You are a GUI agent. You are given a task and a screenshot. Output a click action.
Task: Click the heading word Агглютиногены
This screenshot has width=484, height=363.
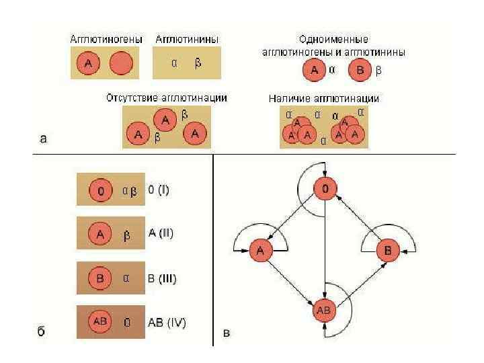[107, 40]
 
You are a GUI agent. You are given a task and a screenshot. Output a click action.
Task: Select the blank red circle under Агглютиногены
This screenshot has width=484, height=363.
[122, 65]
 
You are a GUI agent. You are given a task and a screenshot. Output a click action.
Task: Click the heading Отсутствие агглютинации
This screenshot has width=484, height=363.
[166, 97]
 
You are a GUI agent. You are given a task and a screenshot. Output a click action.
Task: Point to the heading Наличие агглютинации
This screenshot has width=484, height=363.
[324, 98]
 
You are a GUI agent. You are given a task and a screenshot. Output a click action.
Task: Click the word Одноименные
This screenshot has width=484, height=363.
[333, 40]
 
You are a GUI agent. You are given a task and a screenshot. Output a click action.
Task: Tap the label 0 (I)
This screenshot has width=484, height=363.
[159, 190]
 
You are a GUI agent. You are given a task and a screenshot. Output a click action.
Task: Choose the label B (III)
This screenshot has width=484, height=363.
[162, 278]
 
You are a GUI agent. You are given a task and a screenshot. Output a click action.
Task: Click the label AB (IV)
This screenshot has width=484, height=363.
[167, 322]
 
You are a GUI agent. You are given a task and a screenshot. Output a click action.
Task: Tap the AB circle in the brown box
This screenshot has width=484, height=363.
[100, 321]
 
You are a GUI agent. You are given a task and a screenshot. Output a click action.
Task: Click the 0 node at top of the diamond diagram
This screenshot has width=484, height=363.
[325, 190]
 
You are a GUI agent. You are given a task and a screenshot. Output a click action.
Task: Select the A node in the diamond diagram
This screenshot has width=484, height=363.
[259, 251]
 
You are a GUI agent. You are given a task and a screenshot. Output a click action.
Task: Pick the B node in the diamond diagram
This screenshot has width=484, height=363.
[389, 251]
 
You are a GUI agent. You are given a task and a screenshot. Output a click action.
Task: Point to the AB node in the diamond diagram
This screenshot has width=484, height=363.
[324, 311]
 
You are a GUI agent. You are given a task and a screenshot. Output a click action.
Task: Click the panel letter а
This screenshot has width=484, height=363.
[44, 139]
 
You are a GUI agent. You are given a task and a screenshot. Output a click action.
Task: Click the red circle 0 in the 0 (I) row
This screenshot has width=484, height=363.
[100, 191]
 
